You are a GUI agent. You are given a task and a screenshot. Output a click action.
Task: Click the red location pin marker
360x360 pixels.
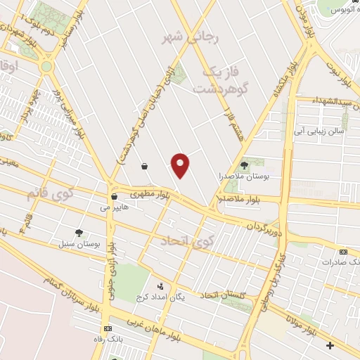point(181,165)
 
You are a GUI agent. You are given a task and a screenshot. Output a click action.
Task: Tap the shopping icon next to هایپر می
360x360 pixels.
point(114,198)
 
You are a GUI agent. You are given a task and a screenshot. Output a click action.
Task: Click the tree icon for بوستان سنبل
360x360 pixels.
point(79,233)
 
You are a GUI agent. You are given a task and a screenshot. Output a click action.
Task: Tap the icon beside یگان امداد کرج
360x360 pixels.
point(160,286)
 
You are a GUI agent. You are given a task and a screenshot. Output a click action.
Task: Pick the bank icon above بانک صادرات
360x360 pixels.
point(343,252)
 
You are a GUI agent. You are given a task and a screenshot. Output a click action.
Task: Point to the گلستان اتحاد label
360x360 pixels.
point(224,295)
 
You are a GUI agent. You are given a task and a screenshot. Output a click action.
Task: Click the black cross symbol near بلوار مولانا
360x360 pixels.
point(330,345)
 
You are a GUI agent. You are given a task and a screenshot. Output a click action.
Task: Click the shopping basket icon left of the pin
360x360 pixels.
point(144,167)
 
